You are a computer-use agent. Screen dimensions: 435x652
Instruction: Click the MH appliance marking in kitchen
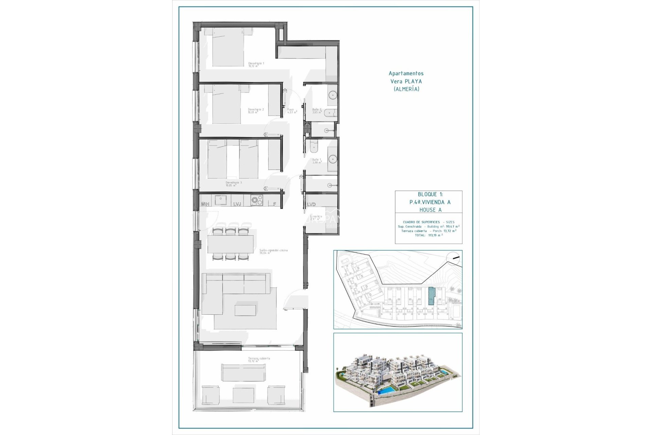(x=205, y=204)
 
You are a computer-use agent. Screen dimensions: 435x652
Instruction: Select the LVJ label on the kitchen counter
(x=237, y=204)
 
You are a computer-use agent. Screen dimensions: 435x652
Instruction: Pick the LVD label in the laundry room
(x=311, y=204)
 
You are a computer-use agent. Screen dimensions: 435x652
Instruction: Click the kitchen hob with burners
(x=256, y=201)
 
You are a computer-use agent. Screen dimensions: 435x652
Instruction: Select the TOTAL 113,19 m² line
(x=429, y=235)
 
